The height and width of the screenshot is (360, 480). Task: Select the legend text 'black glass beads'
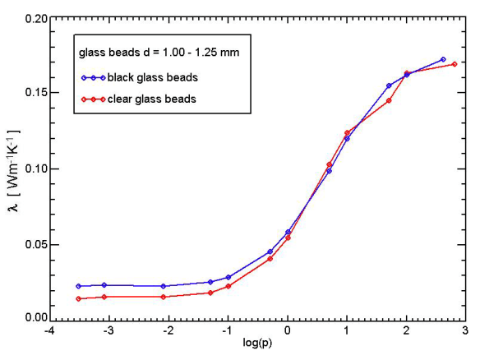pos(152,78)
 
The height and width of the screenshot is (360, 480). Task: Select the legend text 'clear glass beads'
pos(151,99)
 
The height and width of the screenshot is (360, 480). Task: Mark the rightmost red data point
pos(455,64)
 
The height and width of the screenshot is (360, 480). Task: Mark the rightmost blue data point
pos(443,59)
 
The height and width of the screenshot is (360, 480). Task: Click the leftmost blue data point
pos(78,286)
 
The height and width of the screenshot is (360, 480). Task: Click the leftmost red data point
pos(78,298)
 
